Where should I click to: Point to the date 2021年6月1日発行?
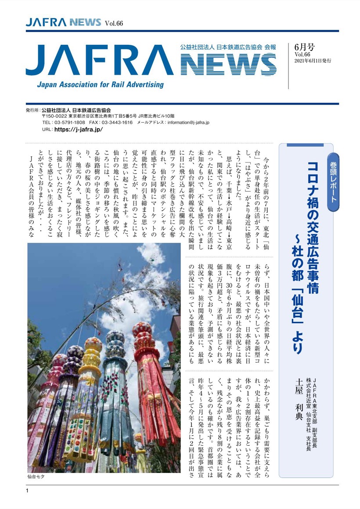(x=313, y=61)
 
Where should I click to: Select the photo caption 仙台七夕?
(x=36, y=477)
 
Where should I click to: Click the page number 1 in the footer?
(x=27, y=491)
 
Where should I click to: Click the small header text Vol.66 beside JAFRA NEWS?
(x=113, y=23)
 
